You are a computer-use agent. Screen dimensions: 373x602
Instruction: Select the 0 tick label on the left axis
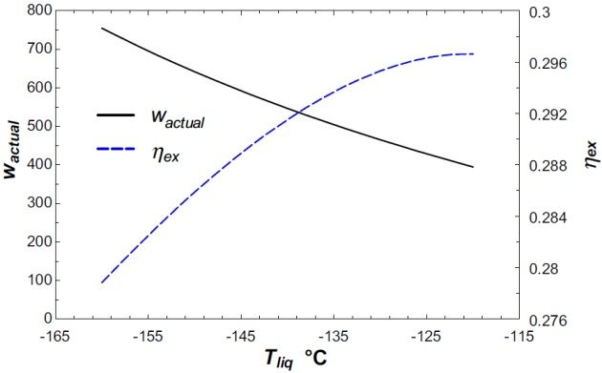[x=44, y=318]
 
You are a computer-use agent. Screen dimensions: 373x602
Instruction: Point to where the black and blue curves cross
[x=298, y=113]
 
